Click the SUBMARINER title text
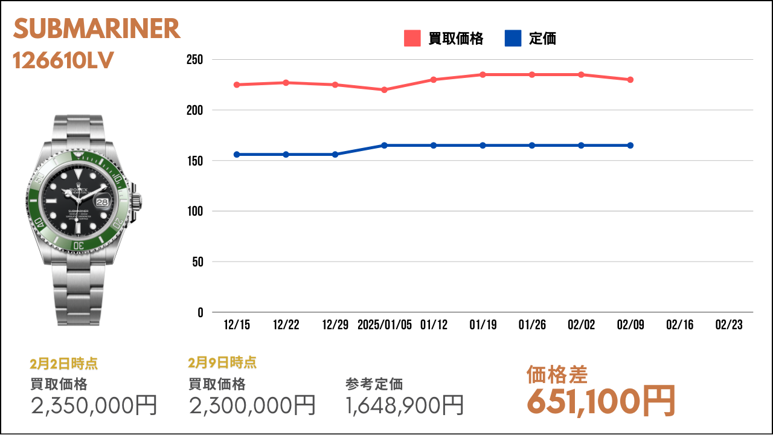point(97,28)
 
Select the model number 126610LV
point(63,61)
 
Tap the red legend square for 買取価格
point(412,38)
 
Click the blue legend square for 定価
point(513,38)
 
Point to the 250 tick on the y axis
point(194,60)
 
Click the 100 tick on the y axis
point(195,211)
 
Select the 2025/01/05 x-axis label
point(385,325)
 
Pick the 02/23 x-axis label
point(729,325)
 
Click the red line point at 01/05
point(384,90)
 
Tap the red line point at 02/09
point(630,80)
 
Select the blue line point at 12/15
point(237,154)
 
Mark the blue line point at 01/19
point(483,146)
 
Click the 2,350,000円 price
point(94,405)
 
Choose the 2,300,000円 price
point(252,405)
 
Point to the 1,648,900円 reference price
point(405,405)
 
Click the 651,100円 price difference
point(601,402)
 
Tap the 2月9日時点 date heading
point(222,363)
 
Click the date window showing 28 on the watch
point(102,202)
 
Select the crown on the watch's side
point(136,202)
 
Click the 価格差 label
point(557,375)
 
